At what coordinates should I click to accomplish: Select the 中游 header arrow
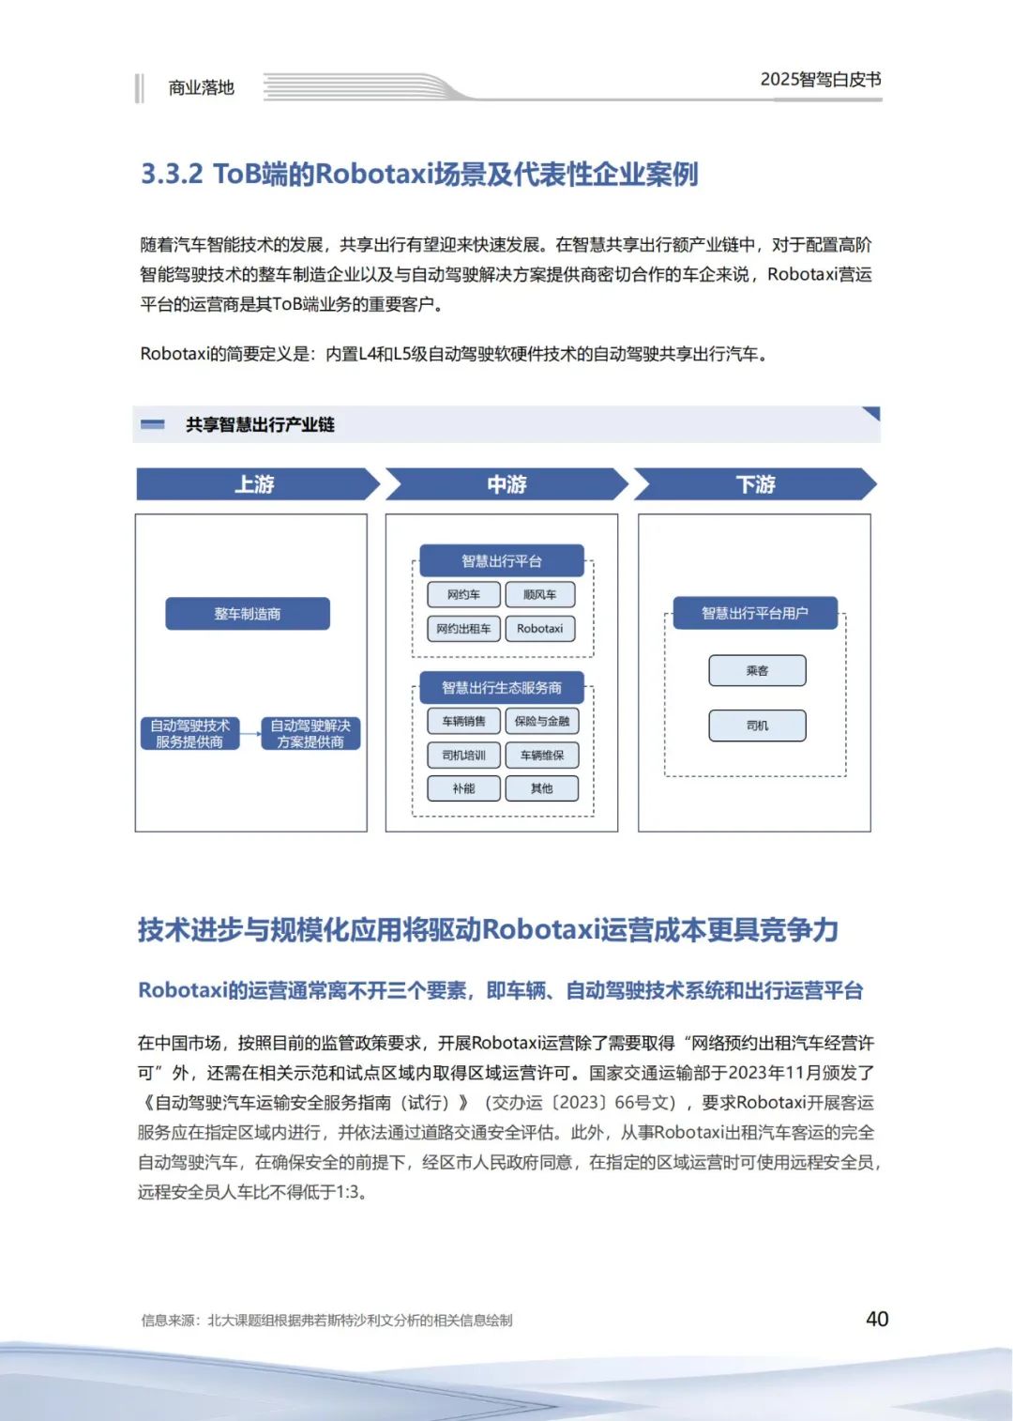coord(506,484)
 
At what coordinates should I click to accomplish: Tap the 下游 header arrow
coord(755,484)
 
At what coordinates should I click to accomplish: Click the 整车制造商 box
coord(248,614)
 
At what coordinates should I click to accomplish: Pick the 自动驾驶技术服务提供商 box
coord(189,734)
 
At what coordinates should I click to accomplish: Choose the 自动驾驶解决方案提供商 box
coord(310,734)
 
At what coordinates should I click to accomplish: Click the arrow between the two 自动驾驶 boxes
coord(249,734)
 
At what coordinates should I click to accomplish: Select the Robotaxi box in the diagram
coord(540,629)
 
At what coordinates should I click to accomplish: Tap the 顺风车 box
coord(540,594)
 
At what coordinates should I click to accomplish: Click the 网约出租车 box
coord(463,629)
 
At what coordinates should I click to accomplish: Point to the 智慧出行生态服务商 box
coord(502,688)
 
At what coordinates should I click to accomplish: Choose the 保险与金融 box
coord(541,721)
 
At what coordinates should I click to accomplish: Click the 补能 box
coord(463,788)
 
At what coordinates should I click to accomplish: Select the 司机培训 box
coord(463,755)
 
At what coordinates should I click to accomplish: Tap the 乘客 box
coord(757,671)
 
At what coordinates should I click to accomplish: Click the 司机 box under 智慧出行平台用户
coord(757,726)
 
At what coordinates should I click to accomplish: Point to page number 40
coord(877,1319)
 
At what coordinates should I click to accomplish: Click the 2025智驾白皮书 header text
coord(821,80)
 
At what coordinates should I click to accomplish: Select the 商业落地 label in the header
coord(201,88)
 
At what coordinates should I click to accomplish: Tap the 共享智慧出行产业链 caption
coord(260,425)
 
